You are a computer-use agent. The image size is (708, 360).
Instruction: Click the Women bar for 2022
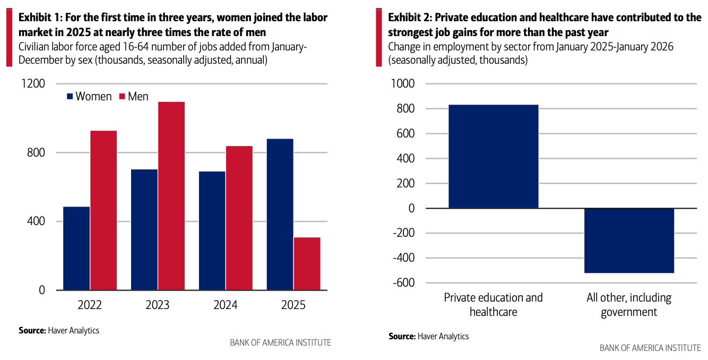click(76, 248)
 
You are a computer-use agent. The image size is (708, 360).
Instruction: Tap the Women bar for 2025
click(280, 214)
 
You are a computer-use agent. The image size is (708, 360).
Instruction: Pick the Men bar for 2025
click(307, 263)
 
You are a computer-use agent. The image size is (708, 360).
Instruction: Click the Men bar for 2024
click(239, 218)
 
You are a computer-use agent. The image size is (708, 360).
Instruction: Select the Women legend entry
click(89, 97)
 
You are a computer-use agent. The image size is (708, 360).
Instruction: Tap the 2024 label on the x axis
click(225, 305)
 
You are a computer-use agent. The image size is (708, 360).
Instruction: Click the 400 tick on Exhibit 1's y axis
click(37, 221)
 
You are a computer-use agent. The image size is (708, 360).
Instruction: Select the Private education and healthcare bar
click(493, 156)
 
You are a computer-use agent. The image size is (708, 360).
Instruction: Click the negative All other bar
click(629, 241)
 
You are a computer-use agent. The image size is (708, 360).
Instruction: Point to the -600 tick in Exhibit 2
click(403, 283)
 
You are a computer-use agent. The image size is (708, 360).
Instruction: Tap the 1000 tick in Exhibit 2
click(403, 84)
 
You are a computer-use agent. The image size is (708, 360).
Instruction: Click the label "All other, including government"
click(629, 305)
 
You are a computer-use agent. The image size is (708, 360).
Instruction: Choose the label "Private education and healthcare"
click(493, 305)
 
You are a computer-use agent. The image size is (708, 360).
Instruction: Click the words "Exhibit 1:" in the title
click(39, 18)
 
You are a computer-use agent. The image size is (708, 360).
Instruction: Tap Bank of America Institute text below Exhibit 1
click(280, 343)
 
